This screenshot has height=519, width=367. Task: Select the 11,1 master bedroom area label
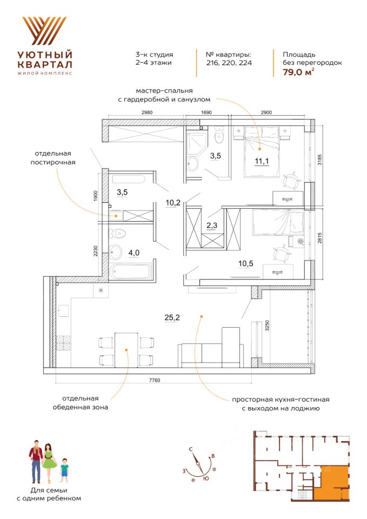point(262,159)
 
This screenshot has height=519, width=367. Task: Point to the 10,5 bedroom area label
point(246,264)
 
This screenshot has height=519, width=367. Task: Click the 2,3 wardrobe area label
point(213,226)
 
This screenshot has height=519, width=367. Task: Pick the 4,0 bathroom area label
point(134,251)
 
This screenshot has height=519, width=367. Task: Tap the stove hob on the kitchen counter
point(64,344)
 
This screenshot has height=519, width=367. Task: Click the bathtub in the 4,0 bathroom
point(132,270)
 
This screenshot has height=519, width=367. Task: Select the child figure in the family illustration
point(64,469)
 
